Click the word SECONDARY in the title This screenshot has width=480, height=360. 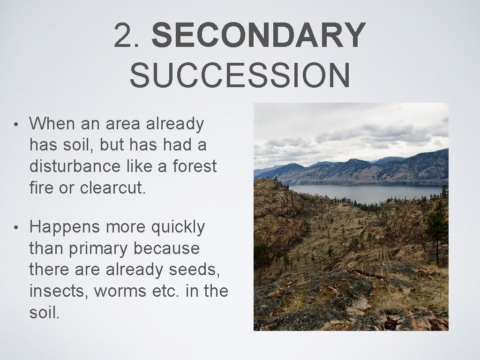(x=258, y=36)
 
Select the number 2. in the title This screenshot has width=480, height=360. (x=130, y=36)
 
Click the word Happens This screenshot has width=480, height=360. (x=65, y=227)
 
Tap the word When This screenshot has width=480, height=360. (x=51, y=124)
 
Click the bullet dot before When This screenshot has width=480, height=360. (x=16, y=125)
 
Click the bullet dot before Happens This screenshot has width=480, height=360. (x=16, y=228)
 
